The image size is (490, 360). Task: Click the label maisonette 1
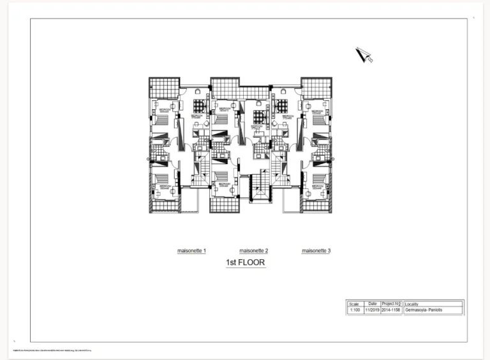191,251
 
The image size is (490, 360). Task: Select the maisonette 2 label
253,251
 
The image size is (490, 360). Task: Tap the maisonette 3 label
316,251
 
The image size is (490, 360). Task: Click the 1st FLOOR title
246,262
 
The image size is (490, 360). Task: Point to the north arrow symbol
364,56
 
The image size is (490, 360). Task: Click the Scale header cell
354,304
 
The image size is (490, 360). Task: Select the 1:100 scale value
354,310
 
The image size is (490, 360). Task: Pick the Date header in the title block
372,304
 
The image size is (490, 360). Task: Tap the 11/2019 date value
372,310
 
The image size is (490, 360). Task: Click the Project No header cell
390,304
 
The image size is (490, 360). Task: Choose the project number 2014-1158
390,310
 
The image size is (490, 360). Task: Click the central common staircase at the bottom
259,188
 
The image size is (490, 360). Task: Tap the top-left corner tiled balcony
164,88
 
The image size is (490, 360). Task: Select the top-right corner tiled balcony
316,88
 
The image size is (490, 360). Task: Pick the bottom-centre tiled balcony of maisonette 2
225,204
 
